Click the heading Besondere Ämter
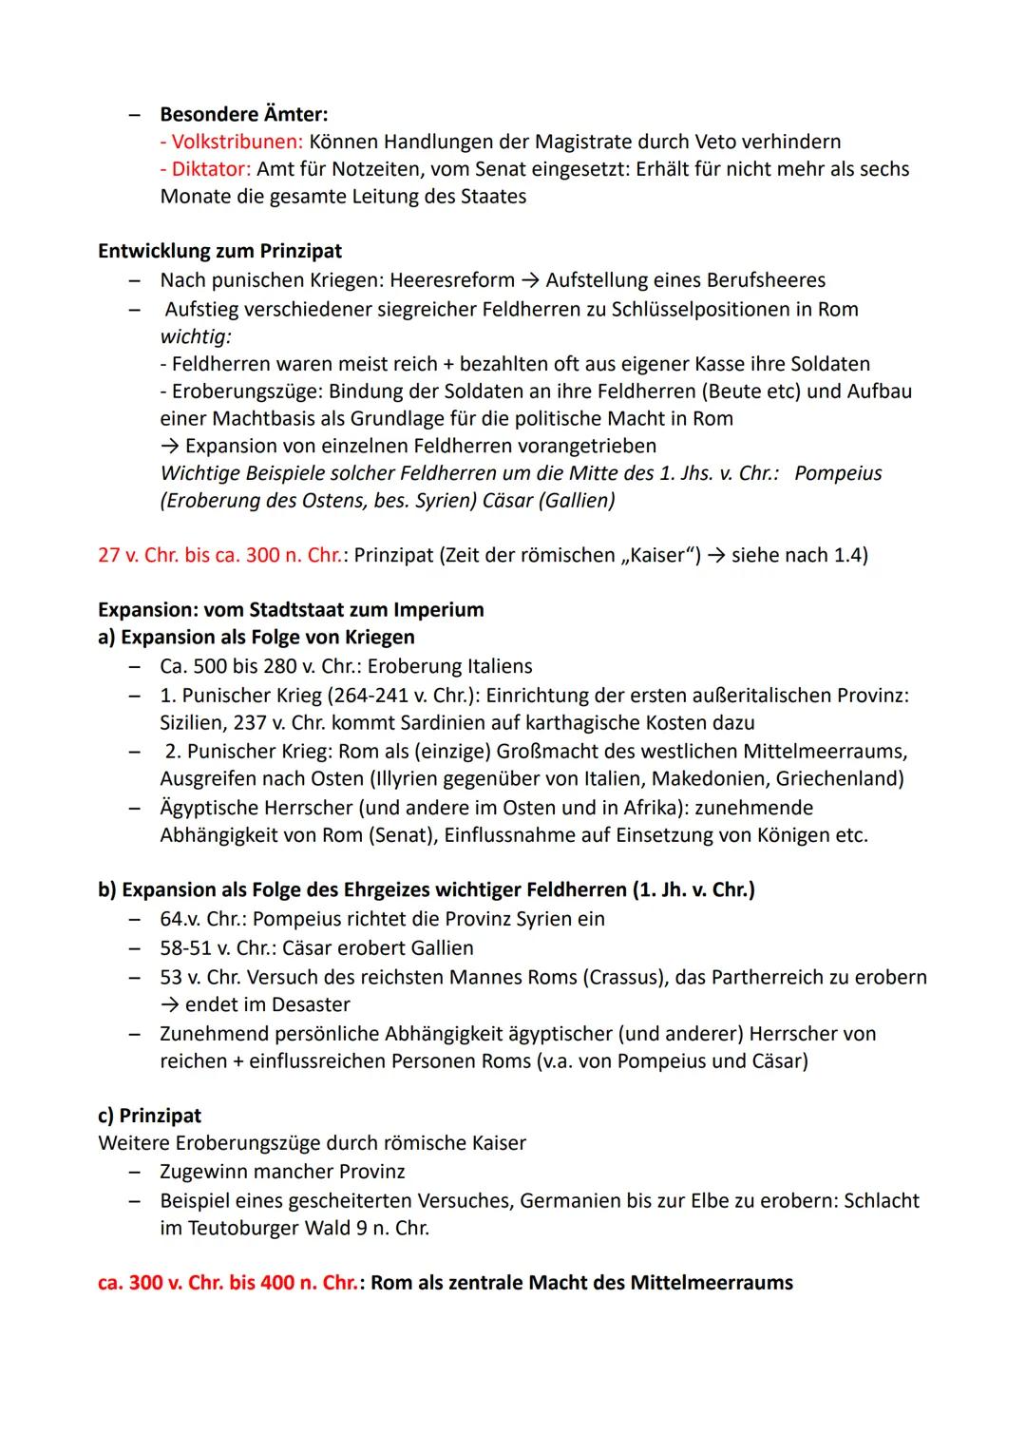(243, 114)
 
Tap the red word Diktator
(205, 169)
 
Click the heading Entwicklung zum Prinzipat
(219, 251)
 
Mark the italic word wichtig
(195, 336)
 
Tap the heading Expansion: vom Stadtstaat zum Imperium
(291, 609)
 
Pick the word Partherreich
(784, 977)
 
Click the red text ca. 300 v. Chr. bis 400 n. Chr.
(227, 1283)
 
